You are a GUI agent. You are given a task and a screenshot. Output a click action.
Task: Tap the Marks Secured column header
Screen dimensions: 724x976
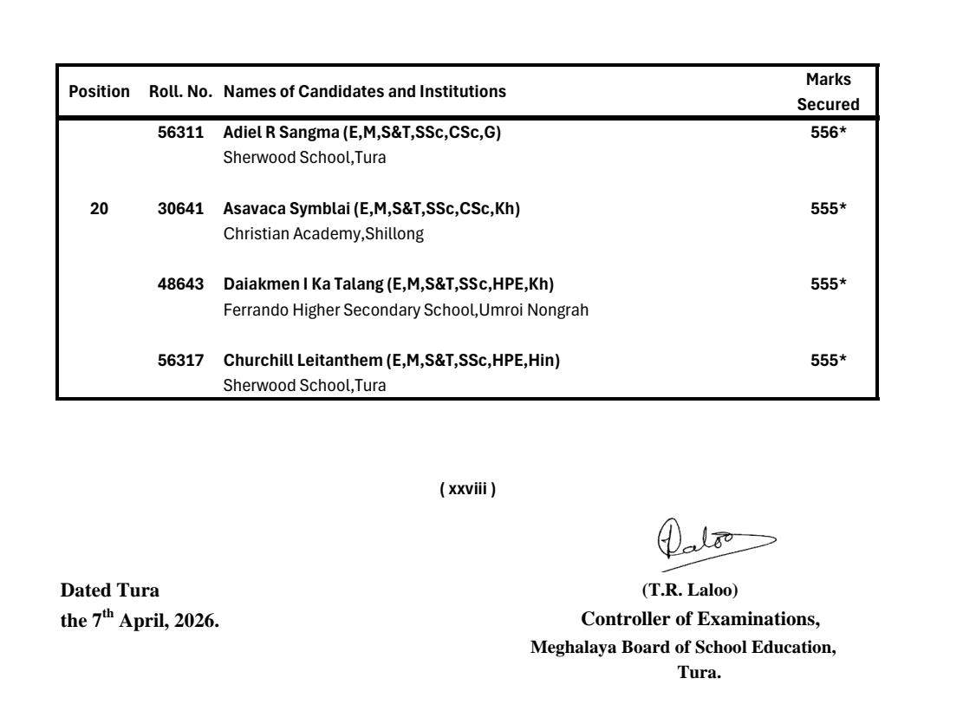pos(827,92)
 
